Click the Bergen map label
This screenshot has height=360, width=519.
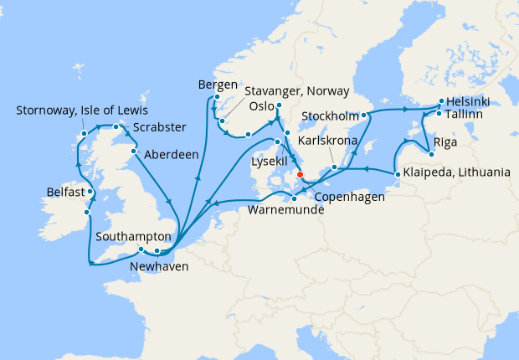click(217, 85)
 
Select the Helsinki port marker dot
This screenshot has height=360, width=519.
click(441, 101)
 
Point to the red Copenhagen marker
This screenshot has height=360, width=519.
click(300, 176)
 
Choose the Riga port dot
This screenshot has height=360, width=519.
click(430, 153)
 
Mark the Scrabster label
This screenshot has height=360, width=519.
click(158, 128)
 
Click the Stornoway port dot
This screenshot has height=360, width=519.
click(85, 133)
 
